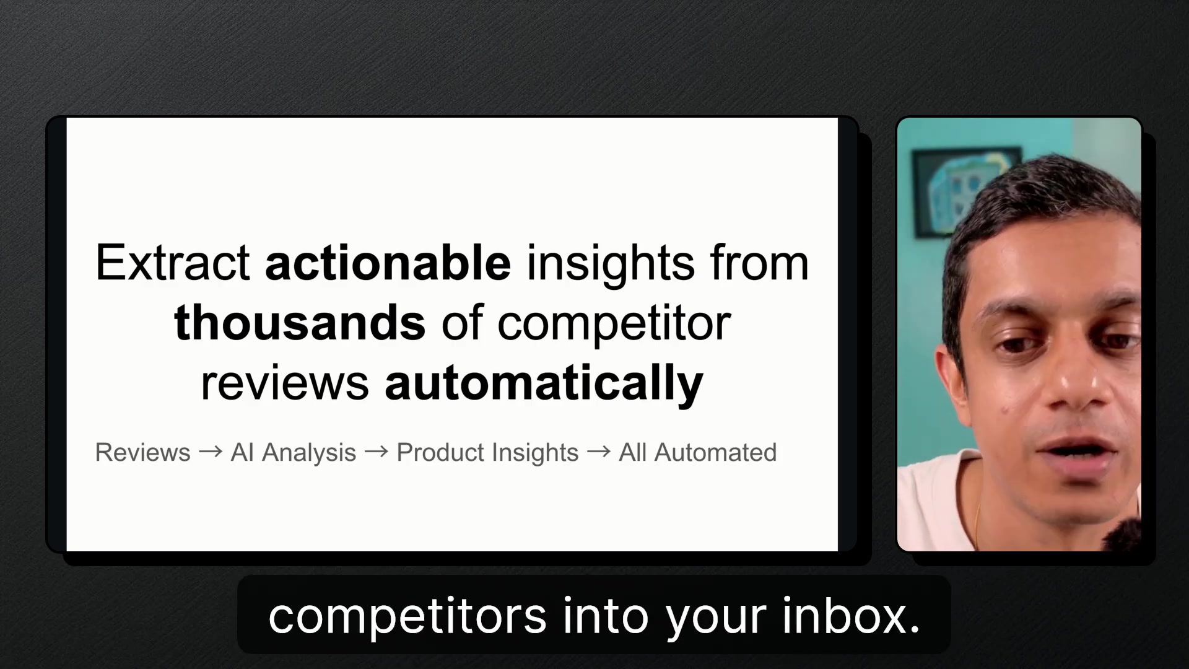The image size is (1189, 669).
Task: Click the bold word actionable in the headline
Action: click(388, 263)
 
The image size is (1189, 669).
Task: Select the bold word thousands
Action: click(300, 323)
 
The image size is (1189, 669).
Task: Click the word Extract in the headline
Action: click(173, 263)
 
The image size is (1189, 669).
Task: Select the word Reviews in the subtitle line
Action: click(142, 453)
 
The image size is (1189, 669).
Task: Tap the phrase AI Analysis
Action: click(294, 453)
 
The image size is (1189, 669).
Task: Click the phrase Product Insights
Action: click(487, 453)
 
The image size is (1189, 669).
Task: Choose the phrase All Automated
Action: click(698, 453)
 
